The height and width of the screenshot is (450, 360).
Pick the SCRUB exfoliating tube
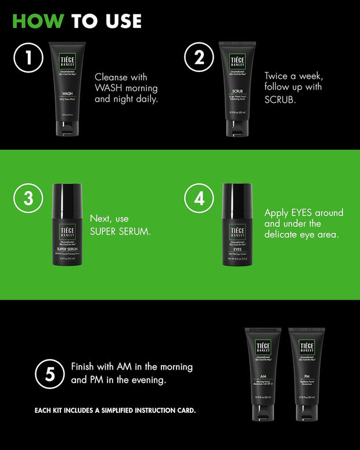[237, 87]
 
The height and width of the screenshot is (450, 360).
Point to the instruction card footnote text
[115, 411]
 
